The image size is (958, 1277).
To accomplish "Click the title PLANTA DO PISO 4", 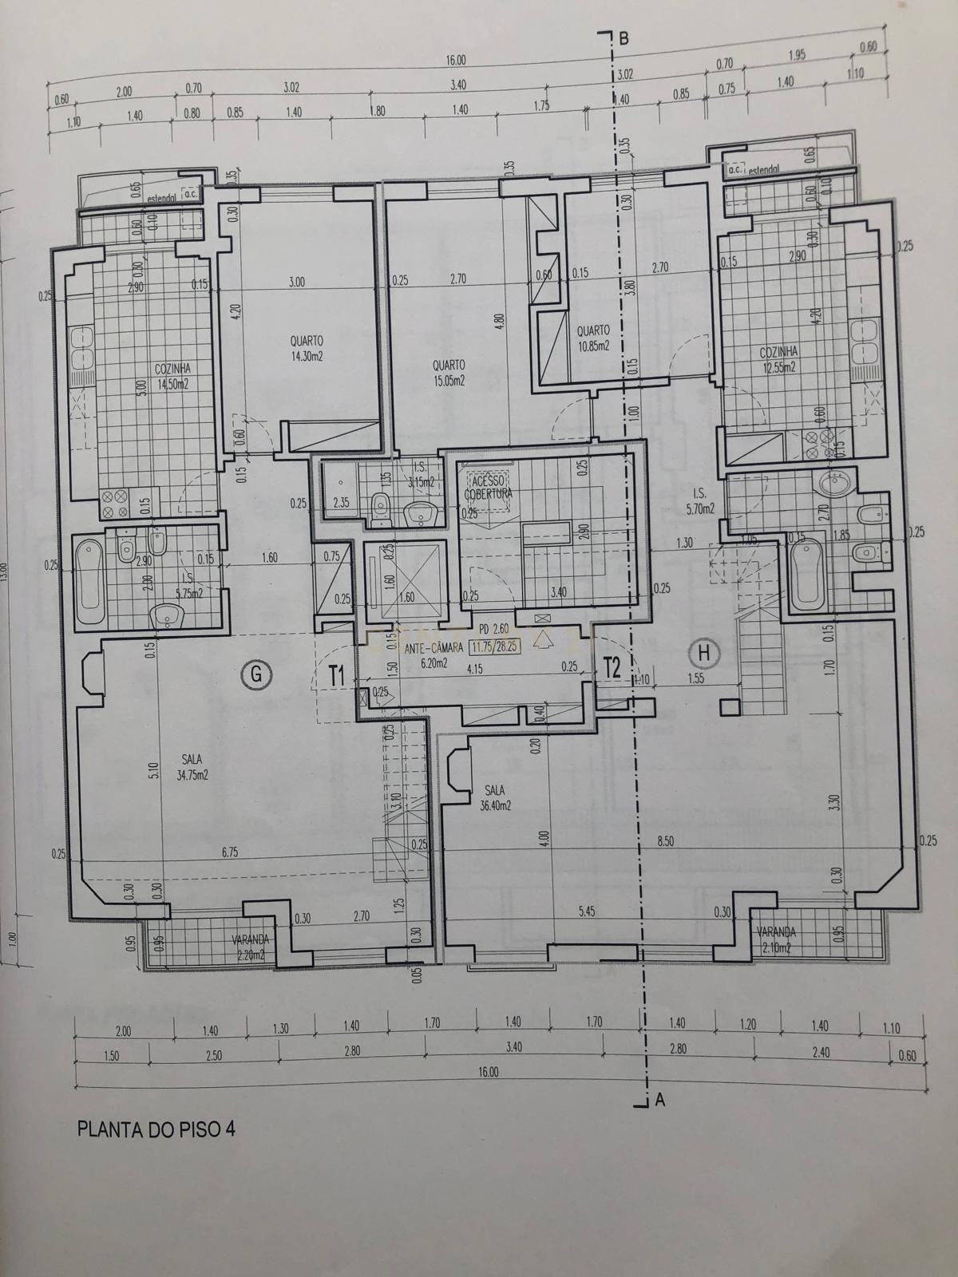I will pyautogui.click(x=156, y=1129).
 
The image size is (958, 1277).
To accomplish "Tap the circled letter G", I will pyautogui.click(x=255, y=675).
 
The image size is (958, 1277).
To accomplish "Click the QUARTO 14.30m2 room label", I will pyautogui.click(x=307, y=350).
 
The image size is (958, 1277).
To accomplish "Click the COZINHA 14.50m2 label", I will pyautogui.click(x=172, y=376).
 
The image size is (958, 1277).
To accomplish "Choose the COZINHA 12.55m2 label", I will pyautogui.click(x=778, y=358).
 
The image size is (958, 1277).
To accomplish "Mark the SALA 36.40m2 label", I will pyautogui.click(x=495, y=797).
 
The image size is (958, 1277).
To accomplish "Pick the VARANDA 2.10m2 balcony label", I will pyautogui.click(x=777, y=939).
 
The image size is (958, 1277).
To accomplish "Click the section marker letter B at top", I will pyautogui.click(x=624, y=38).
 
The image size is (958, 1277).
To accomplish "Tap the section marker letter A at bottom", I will pyautogui.click(x=659, y=1100).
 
